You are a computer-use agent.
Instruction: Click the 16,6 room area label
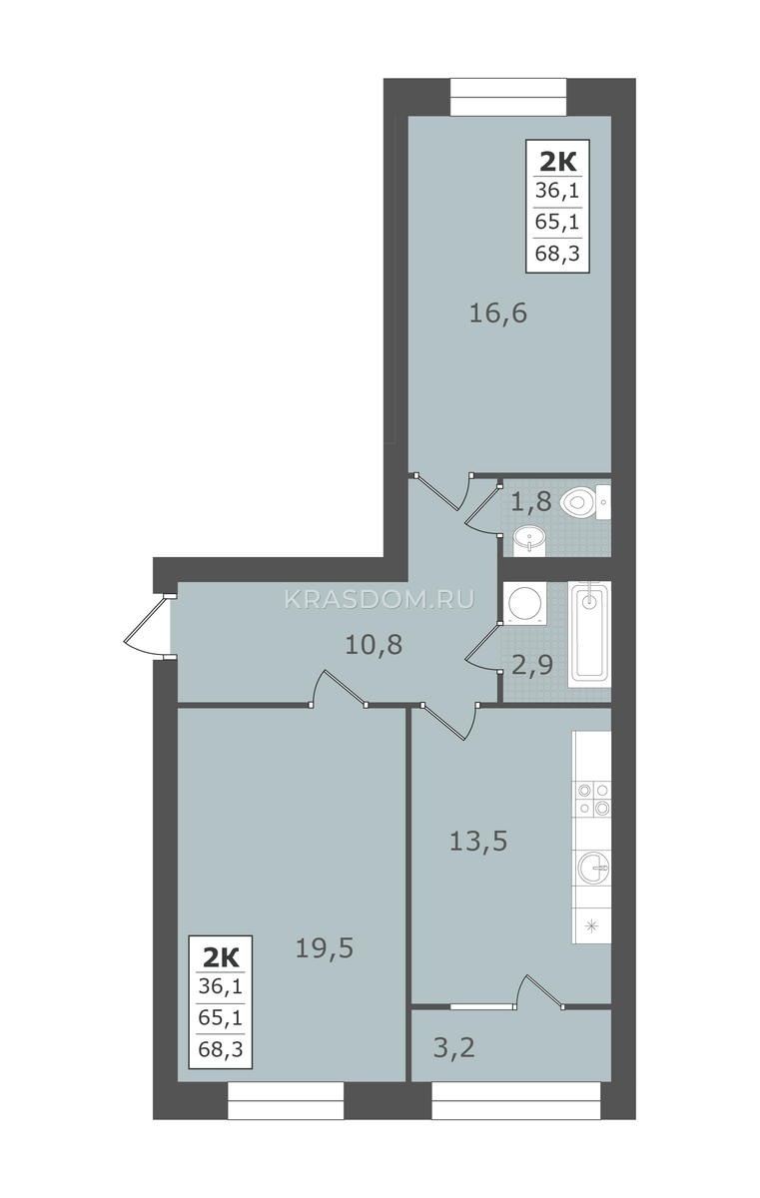point(498,312)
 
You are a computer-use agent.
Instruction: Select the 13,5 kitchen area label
point(478,842)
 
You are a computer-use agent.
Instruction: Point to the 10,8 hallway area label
point(374,645)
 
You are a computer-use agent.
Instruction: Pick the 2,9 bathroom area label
point(532,666)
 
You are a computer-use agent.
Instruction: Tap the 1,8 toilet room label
point(530,501)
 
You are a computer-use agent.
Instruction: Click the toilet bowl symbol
point(585,502)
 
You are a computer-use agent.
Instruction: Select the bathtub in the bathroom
point(589,634)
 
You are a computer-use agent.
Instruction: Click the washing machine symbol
point(524,603)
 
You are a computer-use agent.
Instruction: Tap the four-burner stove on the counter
point(592,799)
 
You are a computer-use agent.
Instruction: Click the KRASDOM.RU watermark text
point(380,600)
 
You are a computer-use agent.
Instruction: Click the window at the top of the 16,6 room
point(508,97)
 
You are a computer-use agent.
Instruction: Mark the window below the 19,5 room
point(286,1100)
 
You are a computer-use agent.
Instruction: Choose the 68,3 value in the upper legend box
point(557,253)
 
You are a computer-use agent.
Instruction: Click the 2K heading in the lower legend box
point(221,958)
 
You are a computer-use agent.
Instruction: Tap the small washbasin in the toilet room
point(529,540)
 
